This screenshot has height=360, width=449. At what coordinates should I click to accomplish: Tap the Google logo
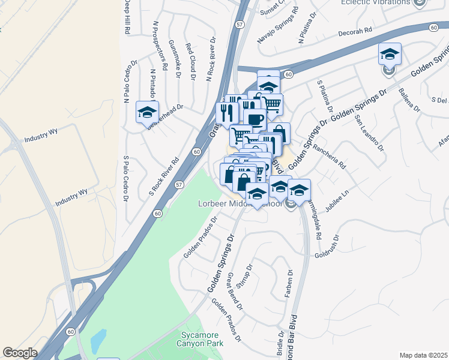click(x=20, y=353)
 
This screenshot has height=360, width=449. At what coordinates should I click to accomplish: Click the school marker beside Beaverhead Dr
click(x=147, y=112)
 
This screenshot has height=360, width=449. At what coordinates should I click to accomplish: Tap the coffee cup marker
click(x=254, y=119)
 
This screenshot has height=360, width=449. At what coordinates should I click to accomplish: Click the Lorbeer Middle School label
click(x=239, y=204)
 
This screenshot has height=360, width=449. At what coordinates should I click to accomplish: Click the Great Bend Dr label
click(x=235, y=290)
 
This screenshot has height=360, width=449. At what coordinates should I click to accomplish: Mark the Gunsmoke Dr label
click(x=175, y=59)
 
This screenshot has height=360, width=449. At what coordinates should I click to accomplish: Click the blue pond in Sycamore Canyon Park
click(x=98, y=341)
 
